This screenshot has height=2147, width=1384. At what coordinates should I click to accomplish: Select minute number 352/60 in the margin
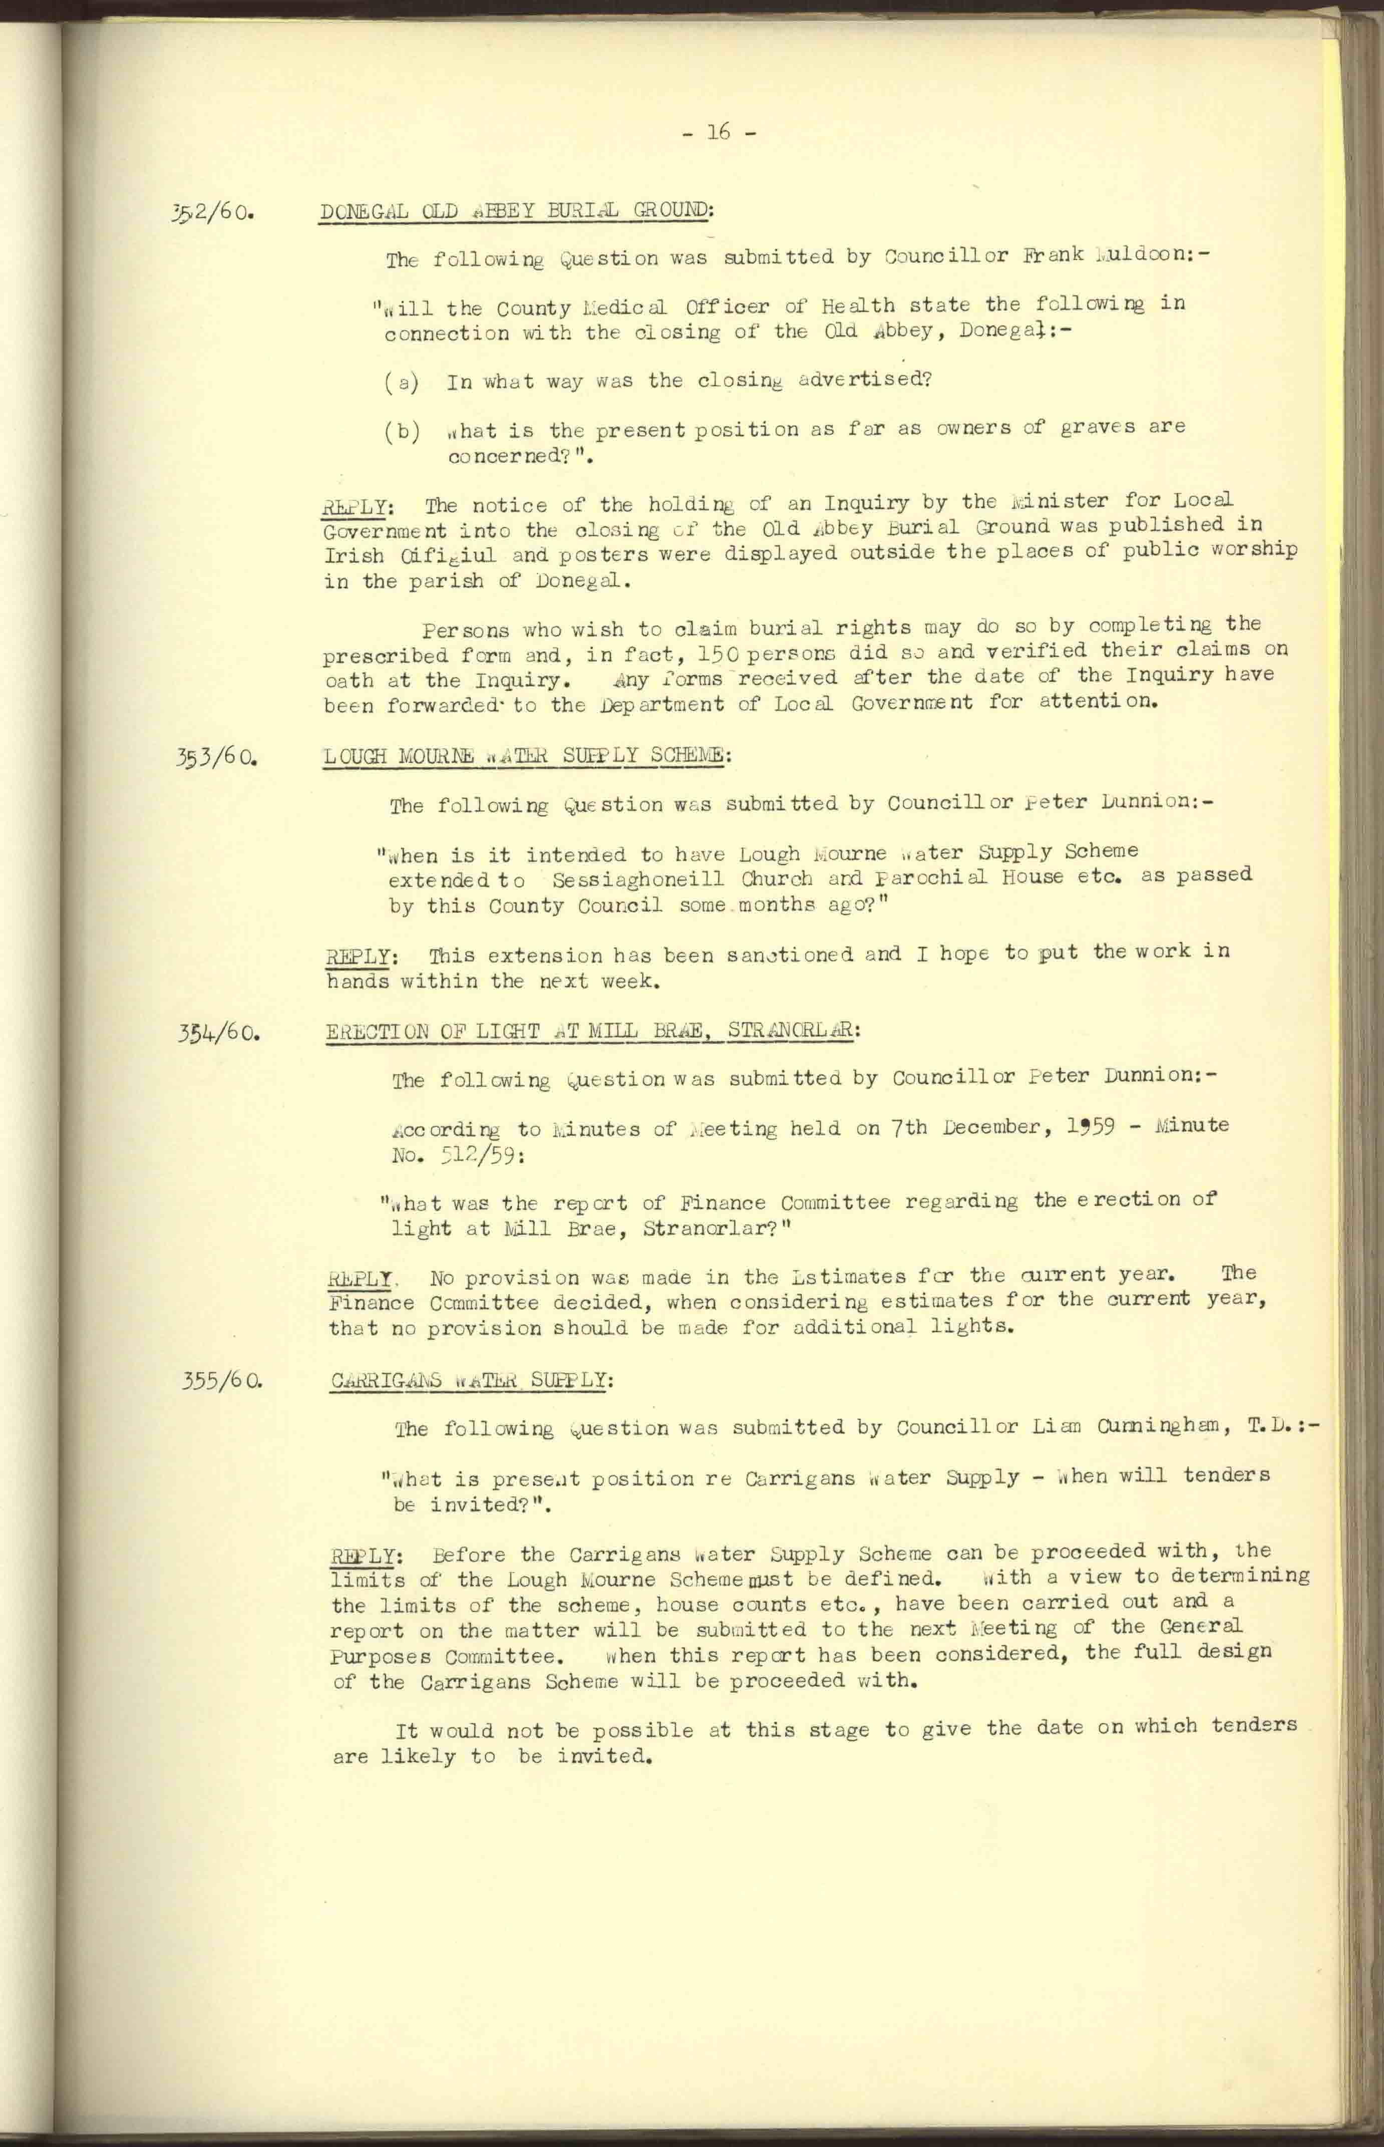tap(214, 216)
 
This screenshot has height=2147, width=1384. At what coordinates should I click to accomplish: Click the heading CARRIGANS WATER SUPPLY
tap(470, 1380)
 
